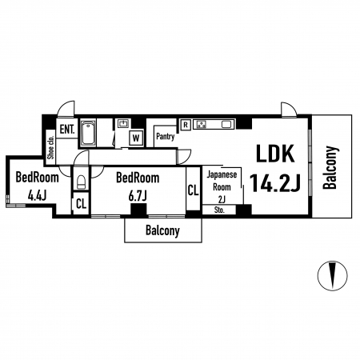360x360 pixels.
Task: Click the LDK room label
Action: coord(275,154)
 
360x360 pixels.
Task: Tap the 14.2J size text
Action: coord(274,182)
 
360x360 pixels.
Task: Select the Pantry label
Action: coord(166,137)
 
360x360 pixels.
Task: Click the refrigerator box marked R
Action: coord(186,125)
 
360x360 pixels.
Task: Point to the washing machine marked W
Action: coord(136,138)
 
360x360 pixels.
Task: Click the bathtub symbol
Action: coord(88,133)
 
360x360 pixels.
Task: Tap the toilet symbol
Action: coord(81,182)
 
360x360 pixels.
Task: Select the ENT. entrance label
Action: coord(67,130)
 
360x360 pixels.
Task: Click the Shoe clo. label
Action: coord(50,147)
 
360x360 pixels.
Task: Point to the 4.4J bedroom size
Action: coord(37,196)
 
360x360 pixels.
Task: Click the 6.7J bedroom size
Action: coord(138,196)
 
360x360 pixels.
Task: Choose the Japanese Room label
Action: coord(222,181)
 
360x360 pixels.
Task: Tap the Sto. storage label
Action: coord(219,210)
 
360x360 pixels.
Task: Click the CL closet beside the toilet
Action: coord(81,204)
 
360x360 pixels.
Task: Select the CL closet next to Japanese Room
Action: coord(193,190)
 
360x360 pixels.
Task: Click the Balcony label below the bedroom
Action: coord(162,230)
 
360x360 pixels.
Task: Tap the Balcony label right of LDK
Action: coord(330,167)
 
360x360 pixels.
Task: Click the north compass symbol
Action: coord(332,275)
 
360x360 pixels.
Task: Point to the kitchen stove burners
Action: coord(202,124)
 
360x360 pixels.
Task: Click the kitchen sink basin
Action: coord(226,124)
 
